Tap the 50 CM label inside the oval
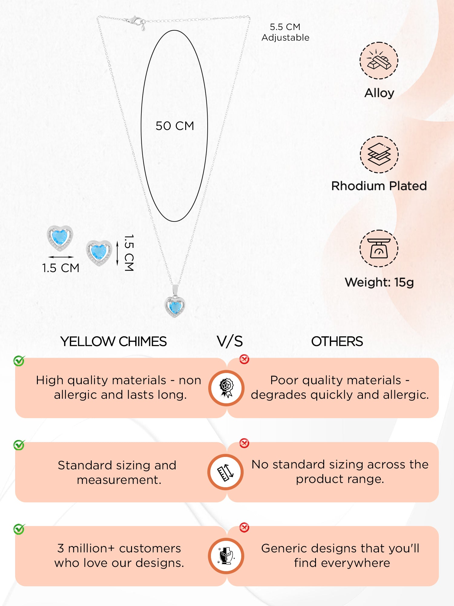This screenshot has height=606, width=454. [175, 126]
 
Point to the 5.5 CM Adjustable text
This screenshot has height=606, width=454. [285, 32]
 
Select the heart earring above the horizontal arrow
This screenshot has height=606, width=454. [60, 238]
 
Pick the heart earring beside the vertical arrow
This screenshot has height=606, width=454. [99, 253]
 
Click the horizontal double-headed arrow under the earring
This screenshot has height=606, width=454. [61, 257]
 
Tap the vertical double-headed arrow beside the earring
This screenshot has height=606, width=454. [117, 253]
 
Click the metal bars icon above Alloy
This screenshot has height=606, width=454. [379, 61]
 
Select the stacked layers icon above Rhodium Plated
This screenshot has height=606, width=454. [379, 155]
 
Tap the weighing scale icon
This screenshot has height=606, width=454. [379, 248]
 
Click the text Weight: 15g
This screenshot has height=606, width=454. [379, 282]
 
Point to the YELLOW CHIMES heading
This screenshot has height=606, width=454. [113, 341]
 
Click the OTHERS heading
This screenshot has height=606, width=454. [337, 341]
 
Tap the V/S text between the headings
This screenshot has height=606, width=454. [230, 341]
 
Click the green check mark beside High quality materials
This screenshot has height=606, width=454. [19, 361]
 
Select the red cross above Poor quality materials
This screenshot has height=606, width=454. [244, 359]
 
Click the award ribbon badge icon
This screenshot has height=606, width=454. [226, 388]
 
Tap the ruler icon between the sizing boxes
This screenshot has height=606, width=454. [226, 472]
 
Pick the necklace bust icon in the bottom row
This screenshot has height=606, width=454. [226, 556]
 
